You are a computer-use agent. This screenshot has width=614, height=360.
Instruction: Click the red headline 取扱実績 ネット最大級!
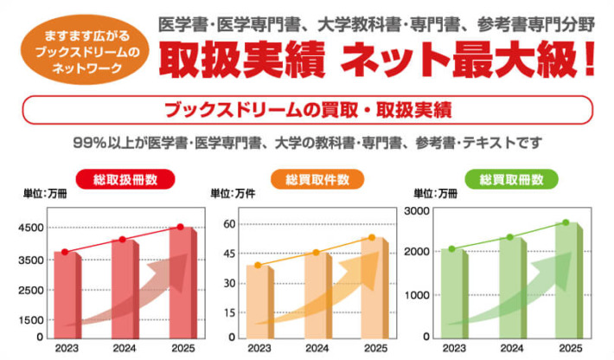coord(381,61)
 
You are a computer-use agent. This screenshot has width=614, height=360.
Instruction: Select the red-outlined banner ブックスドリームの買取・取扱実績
coord(307,111)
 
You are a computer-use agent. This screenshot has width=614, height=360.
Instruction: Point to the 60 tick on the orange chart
coord(230,224)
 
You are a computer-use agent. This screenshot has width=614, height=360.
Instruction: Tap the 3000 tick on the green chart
coord(418,210)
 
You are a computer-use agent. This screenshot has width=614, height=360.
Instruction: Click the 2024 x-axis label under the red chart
coord(123,349)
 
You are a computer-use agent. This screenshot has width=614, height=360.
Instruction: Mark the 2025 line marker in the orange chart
coord(373,237)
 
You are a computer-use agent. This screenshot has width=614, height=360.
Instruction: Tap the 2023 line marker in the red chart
coord(65,252)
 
